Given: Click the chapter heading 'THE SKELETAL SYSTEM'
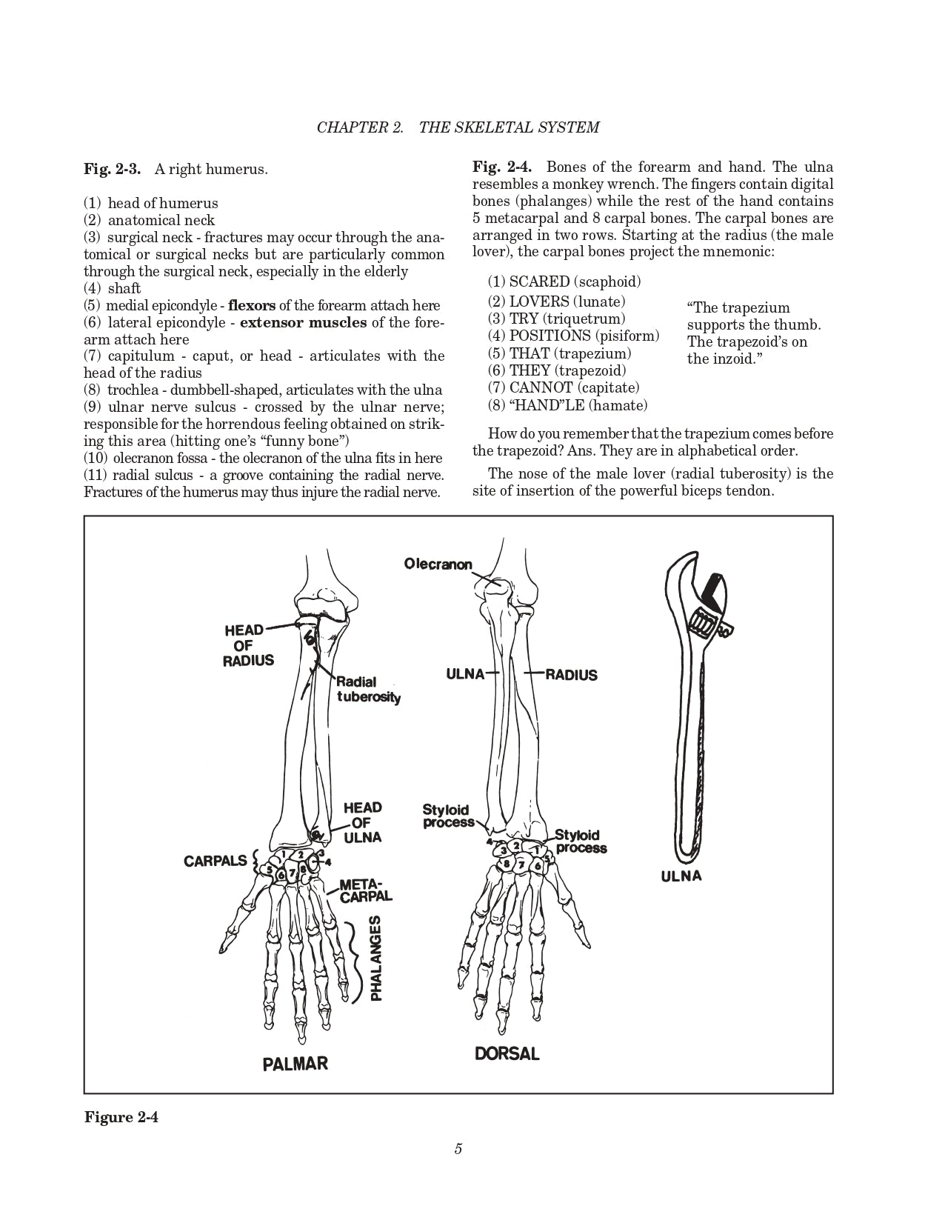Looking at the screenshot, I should coord(509,127).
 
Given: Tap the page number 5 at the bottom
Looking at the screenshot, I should coord(458,1149).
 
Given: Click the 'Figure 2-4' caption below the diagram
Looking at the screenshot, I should coord(121,1116).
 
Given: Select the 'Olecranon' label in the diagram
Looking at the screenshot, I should coord(438,564).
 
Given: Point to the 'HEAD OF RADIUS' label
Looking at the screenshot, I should coord(249,645).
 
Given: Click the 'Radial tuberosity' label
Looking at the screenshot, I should coord(368,690).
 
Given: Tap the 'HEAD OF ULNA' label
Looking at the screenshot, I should coord(362,822).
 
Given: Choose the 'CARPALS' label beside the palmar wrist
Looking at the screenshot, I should coord(216,861).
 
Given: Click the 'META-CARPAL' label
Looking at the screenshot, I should coord(364,890).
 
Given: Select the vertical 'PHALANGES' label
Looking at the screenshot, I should coord(376,959).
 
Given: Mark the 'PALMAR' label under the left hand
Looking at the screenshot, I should coord(295,1064).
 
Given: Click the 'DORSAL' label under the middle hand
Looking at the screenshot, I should coord(507,1053).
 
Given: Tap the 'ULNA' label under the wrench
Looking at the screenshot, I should coord(681,877).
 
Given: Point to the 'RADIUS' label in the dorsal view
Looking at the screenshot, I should coord(571,675).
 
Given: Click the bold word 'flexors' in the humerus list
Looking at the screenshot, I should coord(252,305).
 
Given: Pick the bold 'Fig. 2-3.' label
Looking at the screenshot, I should coord(112,169).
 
